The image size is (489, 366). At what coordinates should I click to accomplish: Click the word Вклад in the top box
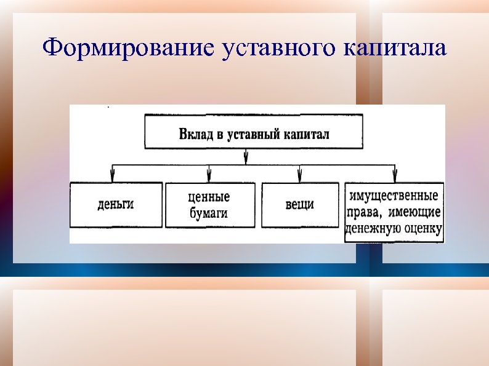point(195,133)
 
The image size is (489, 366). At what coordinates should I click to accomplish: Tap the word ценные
point(209,197)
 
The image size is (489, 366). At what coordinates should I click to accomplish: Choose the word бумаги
point(209,213)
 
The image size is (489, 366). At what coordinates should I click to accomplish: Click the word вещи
point(300,204)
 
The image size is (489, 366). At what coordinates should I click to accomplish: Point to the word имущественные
point(394,196)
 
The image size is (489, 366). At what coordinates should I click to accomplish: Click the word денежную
point(372,229)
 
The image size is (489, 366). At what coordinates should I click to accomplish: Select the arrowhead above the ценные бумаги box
point(209,175)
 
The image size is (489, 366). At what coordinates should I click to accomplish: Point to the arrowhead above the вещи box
point(300,175)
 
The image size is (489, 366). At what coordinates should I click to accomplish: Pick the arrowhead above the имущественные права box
point(395,175)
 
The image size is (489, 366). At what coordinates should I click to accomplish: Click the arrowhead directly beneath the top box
point(246,158)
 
